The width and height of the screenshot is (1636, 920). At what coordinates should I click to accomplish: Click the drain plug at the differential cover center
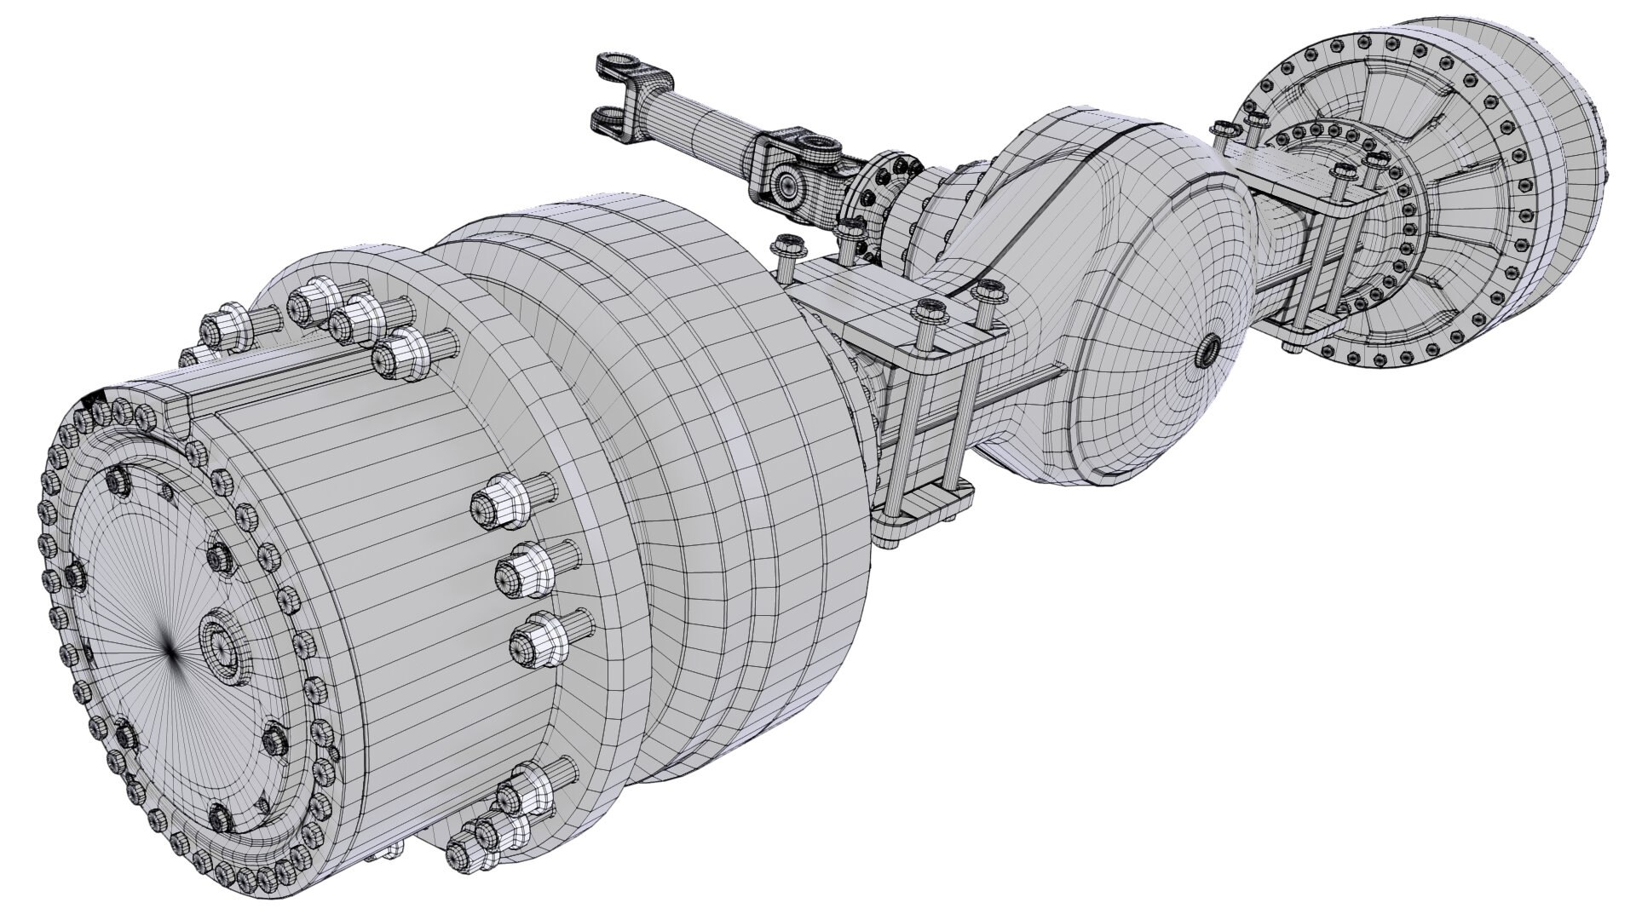pos(1208,348)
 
